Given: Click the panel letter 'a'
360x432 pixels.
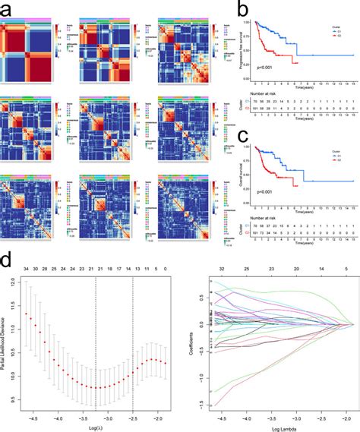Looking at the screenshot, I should (9, 9).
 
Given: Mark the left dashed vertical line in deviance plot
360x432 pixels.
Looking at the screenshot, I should (96, 342).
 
